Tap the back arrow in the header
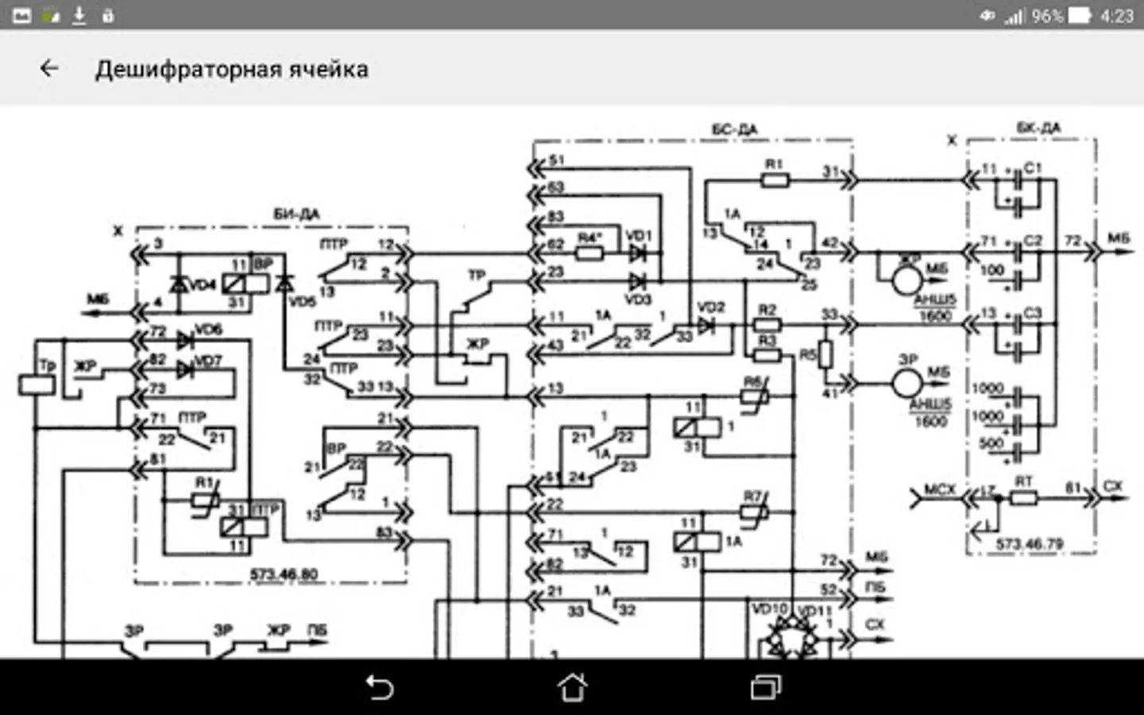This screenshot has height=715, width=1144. pyautogui.click(x=49, y=69)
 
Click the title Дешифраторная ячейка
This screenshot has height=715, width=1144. pyautogui.click(x=231, y=70)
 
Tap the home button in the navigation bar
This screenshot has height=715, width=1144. pyautogui.click(x=572, y=687)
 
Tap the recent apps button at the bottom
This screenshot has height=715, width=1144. pyautogui.click(x=766, y=687)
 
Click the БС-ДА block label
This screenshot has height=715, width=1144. pyautogui.click(x=734, y=129)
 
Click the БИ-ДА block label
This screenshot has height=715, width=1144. pyautogui.click(x=296, y=214)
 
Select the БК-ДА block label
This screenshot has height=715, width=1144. pyautogui.click(x=1038, y=128)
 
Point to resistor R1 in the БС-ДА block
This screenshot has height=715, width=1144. pyautogui.click(x=775, y=180)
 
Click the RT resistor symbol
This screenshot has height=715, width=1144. pyautogui.click(x=1023, y=498)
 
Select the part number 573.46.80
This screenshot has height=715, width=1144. pyautogui.click(x=284, y=574)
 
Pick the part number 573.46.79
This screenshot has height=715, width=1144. pyautogui.click(x=1030, y=544)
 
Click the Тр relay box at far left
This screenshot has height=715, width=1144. pyautogui.click(x=37, y=385)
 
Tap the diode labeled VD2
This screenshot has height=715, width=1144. pyautogui.click(x=705, y=325)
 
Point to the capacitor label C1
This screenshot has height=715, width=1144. pyautogui.click(x=1033, y=168)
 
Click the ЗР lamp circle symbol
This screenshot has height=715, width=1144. pyautogui.click(x=906, y=383)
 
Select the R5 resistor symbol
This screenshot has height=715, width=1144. pyautogui.click(x=826, y=354)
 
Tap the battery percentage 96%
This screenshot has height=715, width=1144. pyautogui.click(x=1047, y=16)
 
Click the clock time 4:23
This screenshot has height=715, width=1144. pyautogui.click(x=1116, y=16)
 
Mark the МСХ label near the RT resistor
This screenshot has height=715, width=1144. pyautogui.click(x=939, y=490)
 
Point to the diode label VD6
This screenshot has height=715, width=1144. pyautogui.click(x=208, y=330)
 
